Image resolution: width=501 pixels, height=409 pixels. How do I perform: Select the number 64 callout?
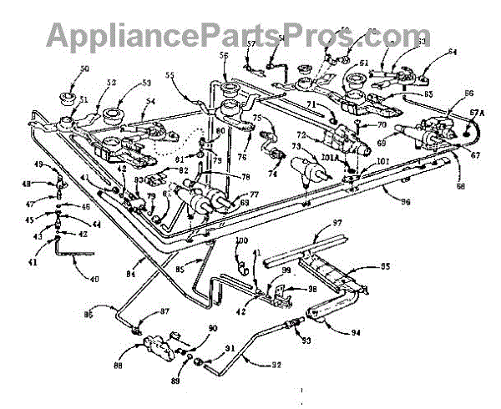453,51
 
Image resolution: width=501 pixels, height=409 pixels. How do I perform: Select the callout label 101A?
328,156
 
